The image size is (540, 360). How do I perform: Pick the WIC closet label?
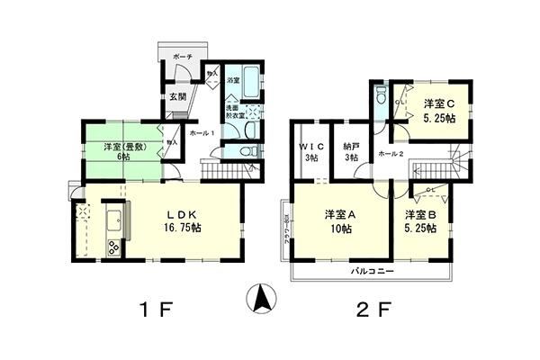[311, 146]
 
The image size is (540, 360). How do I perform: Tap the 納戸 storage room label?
[350, 146]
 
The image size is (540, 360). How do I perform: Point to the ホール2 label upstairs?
[391, 155]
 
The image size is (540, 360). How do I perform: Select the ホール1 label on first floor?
[202, 133]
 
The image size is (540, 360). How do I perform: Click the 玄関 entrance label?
[175, 96]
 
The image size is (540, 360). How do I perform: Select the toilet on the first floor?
[248, 150]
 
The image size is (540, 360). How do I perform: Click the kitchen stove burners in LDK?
[114, 247]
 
